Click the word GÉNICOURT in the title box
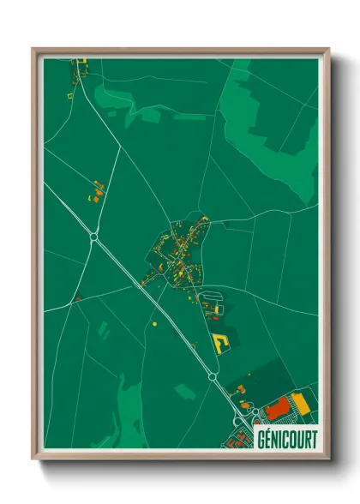click(286, 439)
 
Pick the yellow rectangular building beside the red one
click(299, 400)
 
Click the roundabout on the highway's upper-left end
click(93, 237)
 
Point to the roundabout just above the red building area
click(213, 375)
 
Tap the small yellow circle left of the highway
click(154, 325)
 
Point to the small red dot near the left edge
click(77, 298)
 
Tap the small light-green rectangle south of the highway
click(184, 391)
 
